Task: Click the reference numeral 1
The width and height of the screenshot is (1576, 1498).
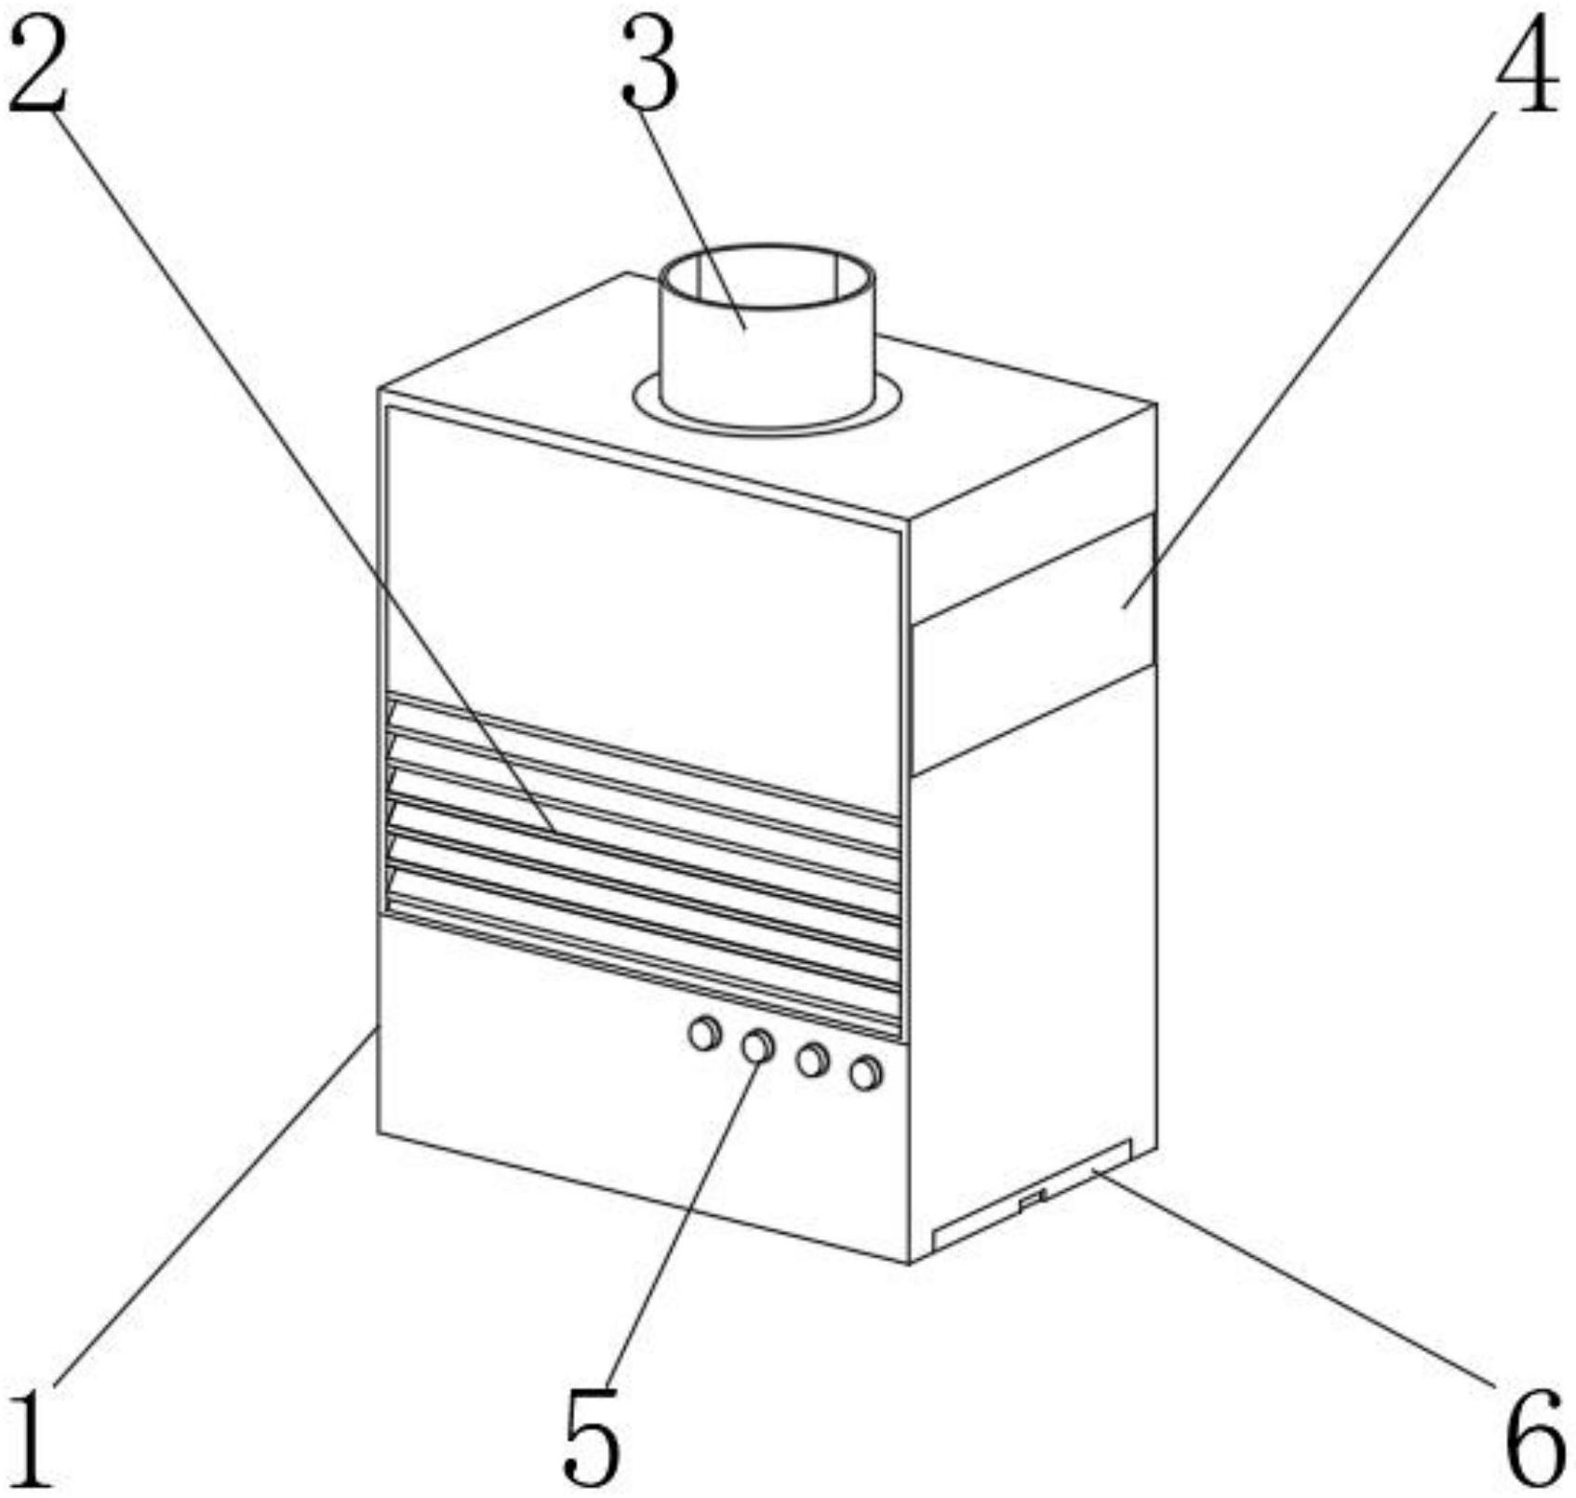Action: (30, 1438)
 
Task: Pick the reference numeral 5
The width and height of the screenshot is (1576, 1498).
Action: (591, 1438)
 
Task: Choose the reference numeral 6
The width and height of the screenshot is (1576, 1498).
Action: (1535, 1438)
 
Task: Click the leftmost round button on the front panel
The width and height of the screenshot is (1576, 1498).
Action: (704, 1033)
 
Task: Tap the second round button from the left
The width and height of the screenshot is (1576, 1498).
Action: (758, 1046)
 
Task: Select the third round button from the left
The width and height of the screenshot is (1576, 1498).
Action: (812, 1060)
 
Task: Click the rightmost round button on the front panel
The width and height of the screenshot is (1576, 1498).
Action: (866, 1074)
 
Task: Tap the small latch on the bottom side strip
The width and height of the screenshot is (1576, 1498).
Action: (1033, 1200)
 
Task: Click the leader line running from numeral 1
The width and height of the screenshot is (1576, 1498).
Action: (214, 1210)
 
